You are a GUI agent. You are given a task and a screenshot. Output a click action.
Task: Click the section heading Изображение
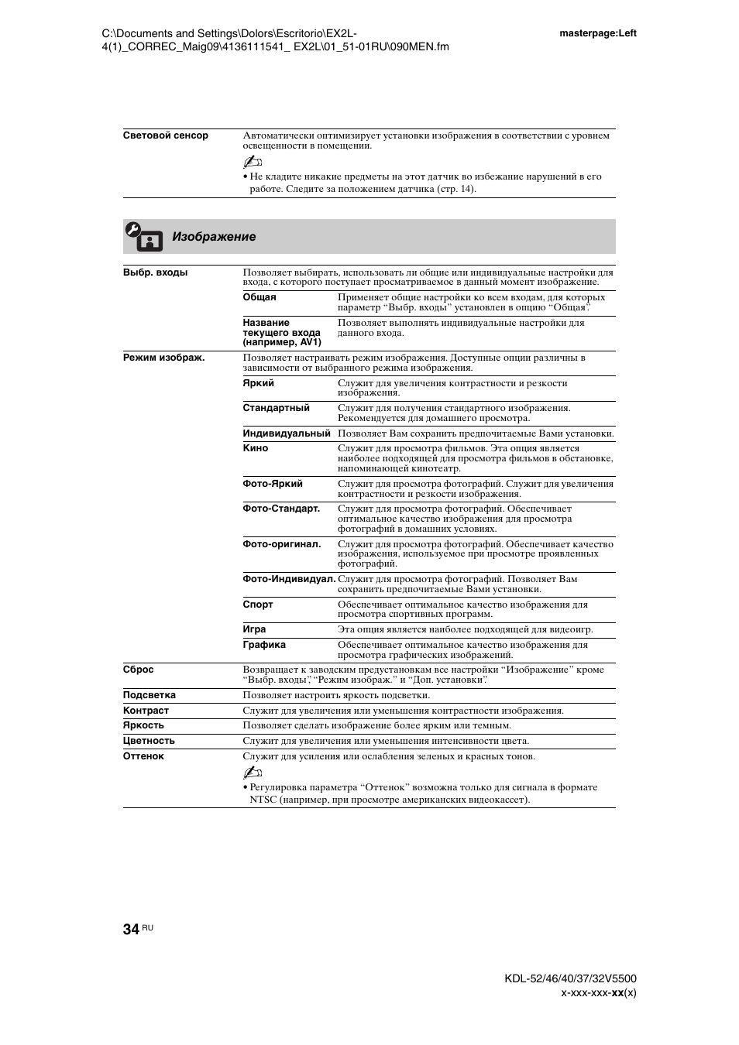214,237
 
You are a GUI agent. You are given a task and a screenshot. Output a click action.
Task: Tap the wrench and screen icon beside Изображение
143,237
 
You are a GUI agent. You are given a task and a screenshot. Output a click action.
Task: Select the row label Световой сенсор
166,135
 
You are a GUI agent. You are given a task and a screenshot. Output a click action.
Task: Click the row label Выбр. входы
155,272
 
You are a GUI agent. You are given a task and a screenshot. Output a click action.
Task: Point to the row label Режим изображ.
163,358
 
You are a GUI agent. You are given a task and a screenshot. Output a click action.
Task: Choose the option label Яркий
258,383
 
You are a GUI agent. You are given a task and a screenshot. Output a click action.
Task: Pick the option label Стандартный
276,408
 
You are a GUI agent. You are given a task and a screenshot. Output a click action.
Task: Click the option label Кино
255,448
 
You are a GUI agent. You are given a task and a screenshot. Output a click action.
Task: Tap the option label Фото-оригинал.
281,544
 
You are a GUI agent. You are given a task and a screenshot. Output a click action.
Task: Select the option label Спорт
258,605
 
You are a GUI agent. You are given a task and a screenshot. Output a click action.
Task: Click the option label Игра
254,629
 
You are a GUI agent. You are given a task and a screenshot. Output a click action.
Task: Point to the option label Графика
264,645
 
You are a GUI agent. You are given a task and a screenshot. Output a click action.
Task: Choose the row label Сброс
138,670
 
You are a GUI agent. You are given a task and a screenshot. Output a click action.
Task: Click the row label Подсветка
149,695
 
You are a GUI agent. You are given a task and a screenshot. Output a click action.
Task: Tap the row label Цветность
149,741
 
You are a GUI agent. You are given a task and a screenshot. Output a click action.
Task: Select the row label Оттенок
143,756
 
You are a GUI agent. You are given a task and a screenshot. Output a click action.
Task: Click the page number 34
131,929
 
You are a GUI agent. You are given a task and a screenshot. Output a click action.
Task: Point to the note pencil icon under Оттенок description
253,773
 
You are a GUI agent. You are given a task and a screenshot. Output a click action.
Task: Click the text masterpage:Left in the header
597,33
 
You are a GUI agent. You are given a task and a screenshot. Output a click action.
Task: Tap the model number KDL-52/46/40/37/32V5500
570,978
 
